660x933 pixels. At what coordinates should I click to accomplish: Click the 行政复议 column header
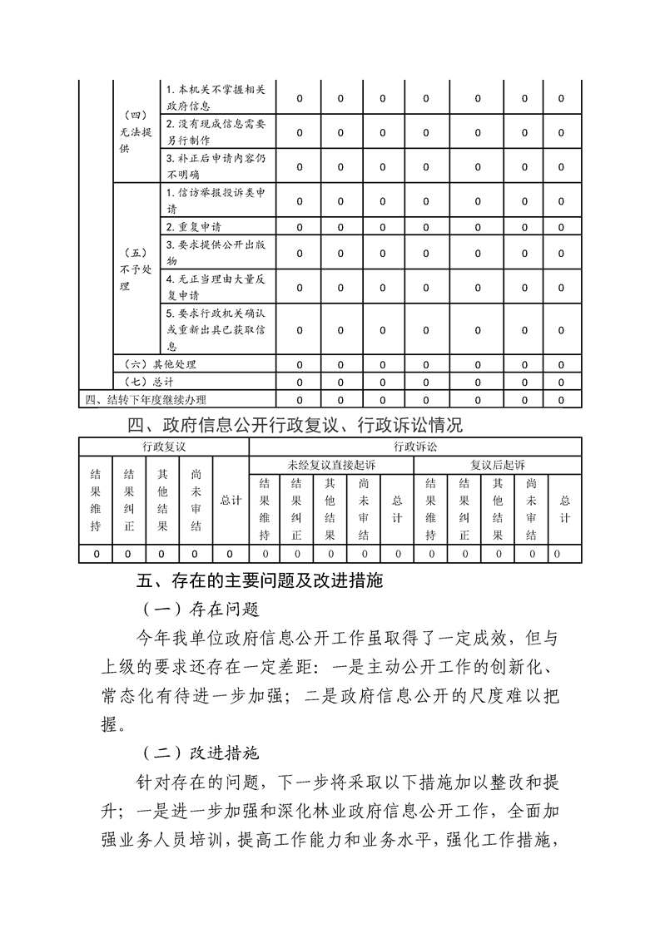(x=163, y=446)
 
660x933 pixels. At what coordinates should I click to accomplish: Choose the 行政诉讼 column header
(x=414, y=446)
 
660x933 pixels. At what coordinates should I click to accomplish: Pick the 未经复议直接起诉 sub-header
(x=330, y=465)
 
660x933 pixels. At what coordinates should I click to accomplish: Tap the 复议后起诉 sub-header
(x=497, y=465)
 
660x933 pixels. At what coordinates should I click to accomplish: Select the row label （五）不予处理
(x=134, y=269)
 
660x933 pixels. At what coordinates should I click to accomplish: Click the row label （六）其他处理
(x=159, y=364)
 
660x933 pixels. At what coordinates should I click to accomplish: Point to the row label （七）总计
(x=148, y=383)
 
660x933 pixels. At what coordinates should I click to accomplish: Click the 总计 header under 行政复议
(x=231, y=501)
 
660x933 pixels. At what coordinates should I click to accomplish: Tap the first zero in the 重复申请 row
(x=300, y=227)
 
